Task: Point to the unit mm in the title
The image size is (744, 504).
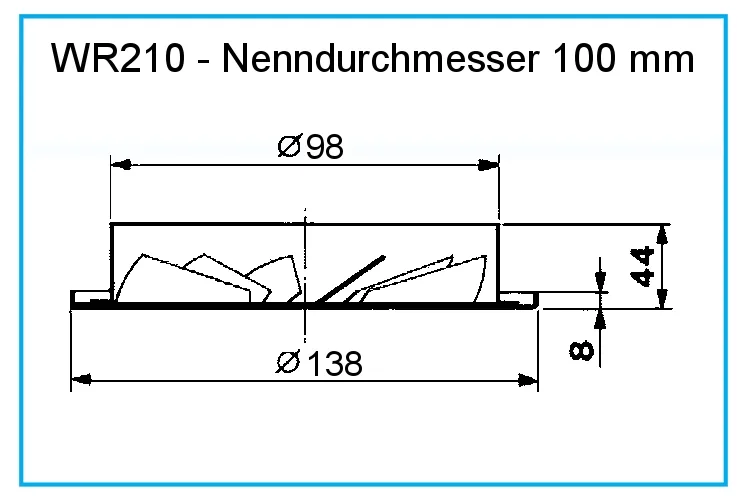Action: pos(661,58)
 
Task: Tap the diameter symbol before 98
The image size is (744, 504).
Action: pos(289,148)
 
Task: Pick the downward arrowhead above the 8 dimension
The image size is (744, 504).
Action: pos(600,284)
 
